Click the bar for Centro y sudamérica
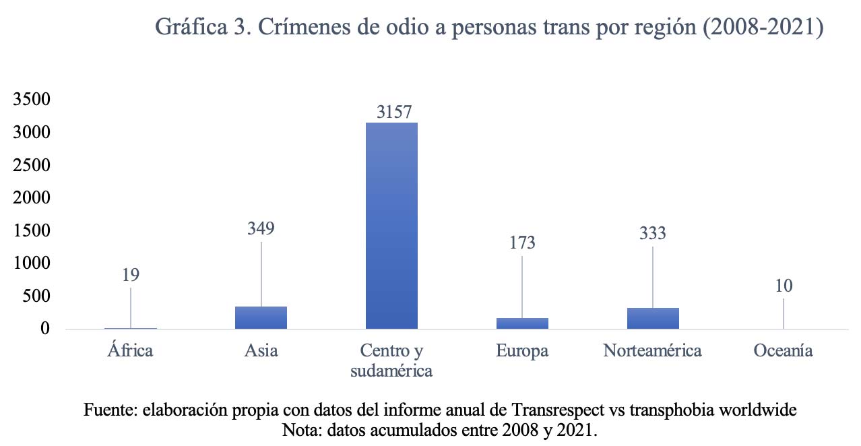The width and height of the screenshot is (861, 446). click(391, 226)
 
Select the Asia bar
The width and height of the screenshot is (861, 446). click(261, 317)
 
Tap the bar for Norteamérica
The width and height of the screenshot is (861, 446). click(653, 318)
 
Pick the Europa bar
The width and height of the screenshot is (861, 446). click(522, 323)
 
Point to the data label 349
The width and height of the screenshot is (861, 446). click(261, 228)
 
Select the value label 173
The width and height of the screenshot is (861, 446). click(522, 243)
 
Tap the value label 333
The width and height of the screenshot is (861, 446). click(653, 233)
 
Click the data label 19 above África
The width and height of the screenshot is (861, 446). click(131, 275)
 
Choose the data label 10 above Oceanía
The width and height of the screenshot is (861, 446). click(784, 286)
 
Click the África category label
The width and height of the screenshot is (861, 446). click(130, 351)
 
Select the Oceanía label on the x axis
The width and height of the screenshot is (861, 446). click(784, 351)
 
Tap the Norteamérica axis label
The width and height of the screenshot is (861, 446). click(653, 351)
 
